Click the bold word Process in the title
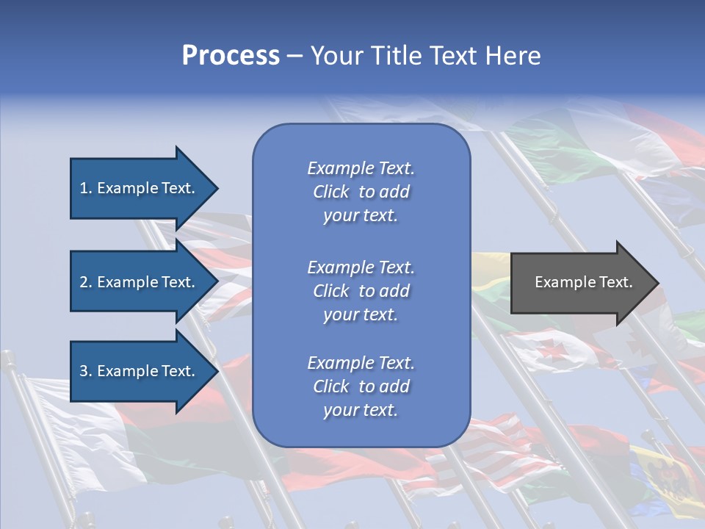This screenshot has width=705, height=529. [x=231, y=56]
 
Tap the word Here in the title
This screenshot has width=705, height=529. [x=513, y=56]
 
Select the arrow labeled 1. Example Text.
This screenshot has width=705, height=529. [x=140, y=188]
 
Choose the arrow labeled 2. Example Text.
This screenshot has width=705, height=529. [x=140, y=282]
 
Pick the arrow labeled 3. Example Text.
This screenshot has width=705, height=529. [x=140, y=371]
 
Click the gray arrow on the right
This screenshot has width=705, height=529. [x=580, y=282]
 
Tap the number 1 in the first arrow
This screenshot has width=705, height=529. [x=84, y=188]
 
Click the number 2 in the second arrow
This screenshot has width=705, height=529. [x=84, y=282]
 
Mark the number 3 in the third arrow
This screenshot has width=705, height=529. [x=84, y=371]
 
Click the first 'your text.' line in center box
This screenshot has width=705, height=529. [x=361, y=216]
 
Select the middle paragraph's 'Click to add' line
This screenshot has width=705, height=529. [x=361, y=291]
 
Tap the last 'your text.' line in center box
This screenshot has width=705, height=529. [x=361, y=411]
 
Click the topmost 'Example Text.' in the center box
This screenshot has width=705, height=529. [x=361, y=168]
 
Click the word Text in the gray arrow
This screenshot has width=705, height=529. [x=615, y=282]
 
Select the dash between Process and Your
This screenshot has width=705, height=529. [x=294, y=56]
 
